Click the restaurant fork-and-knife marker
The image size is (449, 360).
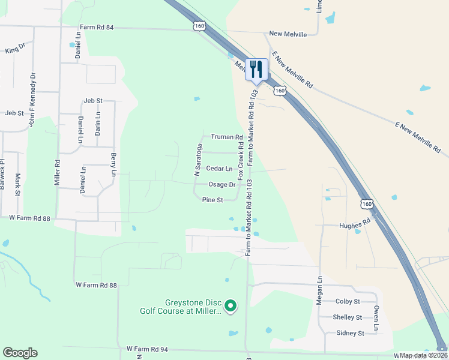coord(256,69)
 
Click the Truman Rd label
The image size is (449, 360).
coord(226,137)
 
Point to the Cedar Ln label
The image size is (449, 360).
coord(219,169)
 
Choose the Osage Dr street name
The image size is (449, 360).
coord(221,184)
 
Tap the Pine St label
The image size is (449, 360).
coord(212,199)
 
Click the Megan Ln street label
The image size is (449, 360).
coord(320,290)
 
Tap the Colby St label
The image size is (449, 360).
coord(348,301)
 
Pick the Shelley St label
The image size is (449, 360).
coord(348,317)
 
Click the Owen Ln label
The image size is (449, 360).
coord(376,318)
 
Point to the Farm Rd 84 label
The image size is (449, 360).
coord(96,28)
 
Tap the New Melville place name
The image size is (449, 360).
coord(288,34)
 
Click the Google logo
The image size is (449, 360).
coord(20,353)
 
